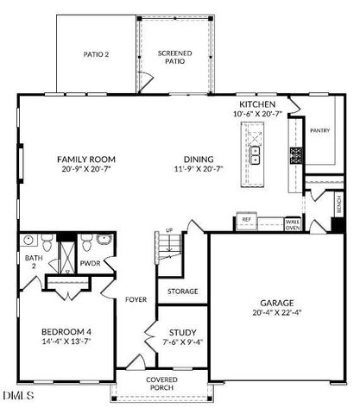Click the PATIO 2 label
tap(97, 54)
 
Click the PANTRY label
tap(320, 131)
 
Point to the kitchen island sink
tap(255, 154)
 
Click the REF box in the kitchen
tap(246, 221)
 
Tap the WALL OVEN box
tap(293, 224)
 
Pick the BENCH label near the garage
tap(339, 206)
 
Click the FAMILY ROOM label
tap(86, 159)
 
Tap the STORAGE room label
tap(182, 291)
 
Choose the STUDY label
tap(182, 332)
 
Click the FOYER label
tap(136, 300)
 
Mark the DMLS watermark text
tap(18, 396)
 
